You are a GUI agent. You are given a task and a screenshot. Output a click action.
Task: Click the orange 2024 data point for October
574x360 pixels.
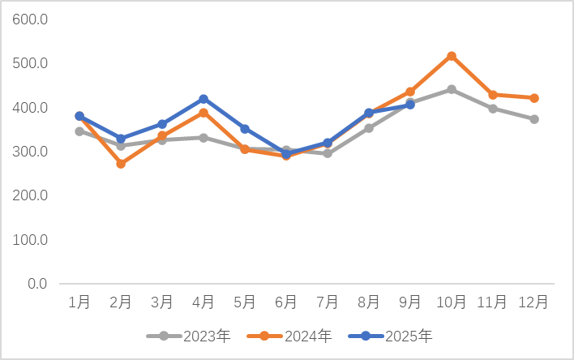click(452, 56)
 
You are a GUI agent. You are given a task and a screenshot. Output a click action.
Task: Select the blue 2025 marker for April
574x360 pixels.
click(203, 99)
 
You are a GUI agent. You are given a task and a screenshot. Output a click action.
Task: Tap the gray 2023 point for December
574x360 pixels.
click(534, 119)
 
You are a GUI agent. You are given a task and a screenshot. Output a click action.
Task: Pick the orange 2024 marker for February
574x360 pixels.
click(121, 164)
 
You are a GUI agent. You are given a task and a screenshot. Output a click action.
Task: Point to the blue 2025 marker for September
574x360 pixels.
click(410, 105)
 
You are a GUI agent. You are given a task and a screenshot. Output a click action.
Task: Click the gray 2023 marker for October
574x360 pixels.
click(452, 89)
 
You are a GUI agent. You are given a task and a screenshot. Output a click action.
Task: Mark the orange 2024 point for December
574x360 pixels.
click(534, 98)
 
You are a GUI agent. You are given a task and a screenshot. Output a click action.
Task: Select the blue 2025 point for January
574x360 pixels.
click(79, 116)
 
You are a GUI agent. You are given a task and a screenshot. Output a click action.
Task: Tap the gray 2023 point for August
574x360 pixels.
click(369, 128)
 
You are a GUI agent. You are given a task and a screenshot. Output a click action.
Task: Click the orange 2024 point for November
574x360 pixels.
click(493, 95)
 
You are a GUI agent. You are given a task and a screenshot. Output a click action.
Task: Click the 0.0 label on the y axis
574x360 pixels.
click(37, 284)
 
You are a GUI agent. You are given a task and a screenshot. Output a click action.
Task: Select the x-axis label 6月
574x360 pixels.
click(286, 302)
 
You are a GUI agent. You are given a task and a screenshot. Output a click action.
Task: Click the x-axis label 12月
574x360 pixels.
click(534, 302)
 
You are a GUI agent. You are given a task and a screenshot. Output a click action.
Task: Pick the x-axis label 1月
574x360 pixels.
click(79, 302)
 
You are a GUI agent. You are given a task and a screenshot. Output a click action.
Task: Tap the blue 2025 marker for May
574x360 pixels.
click(245, 129)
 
